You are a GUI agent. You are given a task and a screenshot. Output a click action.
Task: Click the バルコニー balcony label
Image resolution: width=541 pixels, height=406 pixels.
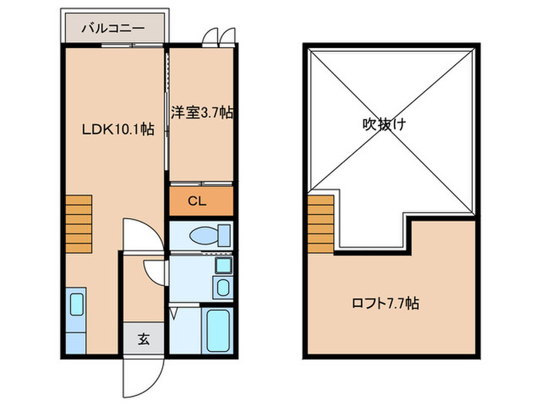click(114, 28)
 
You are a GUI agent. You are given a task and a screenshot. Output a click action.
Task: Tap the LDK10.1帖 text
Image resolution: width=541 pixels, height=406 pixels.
click(117, 129)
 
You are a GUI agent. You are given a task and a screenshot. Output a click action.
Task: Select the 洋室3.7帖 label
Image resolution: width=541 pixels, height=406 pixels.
click(202, 113)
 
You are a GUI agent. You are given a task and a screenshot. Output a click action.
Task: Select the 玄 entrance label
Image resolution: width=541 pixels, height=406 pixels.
click(144, 338)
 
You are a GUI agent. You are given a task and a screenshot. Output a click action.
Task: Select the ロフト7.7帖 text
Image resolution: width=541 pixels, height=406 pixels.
click(392, 304)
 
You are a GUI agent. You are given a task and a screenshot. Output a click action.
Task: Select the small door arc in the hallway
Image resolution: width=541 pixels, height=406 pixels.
click(155, 272)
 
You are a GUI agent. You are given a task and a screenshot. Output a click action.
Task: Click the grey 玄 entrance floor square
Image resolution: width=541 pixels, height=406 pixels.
click(144, 338)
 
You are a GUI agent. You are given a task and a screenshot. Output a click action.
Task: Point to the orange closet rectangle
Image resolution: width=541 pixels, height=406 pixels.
click(200, 202)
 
